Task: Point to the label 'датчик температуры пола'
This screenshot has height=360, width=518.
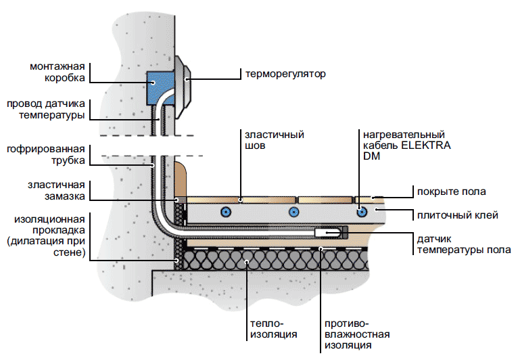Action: (x=456, y=245)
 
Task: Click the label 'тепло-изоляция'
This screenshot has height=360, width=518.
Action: (x=265, y=329)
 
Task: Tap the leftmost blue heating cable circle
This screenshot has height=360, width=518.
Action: (x=223, y=212)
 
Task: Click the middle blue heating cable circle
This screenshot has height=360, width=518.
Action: (x=293, y=212)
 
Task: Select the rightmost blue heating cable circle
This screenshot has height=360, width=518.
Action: (x=363, y=212)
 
